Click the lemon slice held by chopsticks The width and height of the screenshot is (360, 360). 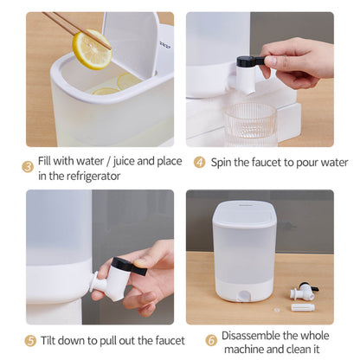coord(92,49)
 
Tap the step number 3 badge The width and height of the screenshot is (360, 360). coord(28,167)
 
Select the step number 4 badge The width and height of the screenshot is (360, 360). coord(199,163)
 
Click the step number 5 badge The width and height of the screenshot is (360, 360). coord(30,341)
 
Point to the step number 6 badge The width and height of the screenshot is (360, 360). coord(211,340)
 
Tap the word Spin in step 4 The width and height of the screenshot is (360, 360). coord(221,163)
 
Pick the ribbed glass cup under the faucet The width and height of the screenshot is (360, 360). coord(250,125)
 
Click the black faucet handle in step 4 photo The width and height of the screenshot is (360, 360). coord(250,61)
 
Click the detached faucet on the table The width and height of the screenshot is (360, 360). coord(304,291)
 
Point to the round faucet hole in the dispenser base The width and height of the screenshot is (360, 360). coord(244,295)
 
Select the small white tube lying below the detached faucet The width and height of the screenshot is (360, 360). coord(303,307)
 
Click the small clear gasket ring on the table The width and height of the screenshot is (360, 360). coord(277,311)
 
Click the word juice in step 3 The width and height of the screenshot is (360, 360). coord(124,162)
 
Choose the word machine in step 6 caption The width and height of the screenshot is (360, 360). coord(244,350)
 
